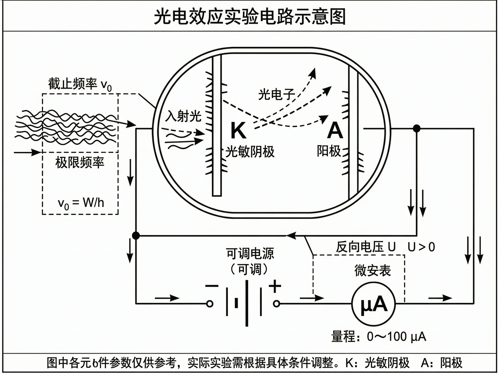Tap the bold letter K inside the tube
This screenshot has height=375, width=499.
click(238, 130)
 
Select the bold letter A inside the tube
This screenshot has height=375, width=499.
click(335, 130)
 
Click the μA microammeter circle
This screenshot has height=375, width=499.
click(374, 304)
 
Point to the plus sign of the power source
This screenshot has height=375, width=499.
click(275, 286)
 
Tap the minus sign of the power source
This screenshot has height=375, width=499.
click(212, 286)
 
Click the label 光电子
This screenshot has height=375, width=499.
click(276, 94)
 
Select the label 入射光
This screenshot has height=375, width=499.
click(183, 116)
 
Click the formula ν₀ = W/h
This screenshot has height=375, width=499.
click(81, 203)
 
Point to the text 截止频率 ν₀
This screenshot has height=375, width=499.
click(80, 84)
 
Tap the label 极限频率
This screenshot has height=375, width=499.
click(80, 163)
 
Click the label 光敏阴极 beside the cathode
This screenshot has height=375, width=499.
click(250, 151)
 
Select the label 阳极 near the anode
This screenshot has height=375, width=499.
click(328, 151)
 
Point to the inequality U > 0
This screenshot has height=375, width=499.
click(421, 247)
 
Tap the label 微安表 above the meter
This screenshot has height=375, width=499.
click(373, 270)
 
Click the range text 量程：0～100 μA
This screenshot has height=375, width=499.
click(378, 337)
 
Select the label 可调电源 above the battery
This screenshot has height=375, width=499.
click(250, 253)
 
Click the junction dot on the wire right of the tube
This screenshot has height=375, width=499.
click(417, 128)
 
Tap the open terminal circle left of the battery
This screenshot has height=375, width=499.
click(210, 304)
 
